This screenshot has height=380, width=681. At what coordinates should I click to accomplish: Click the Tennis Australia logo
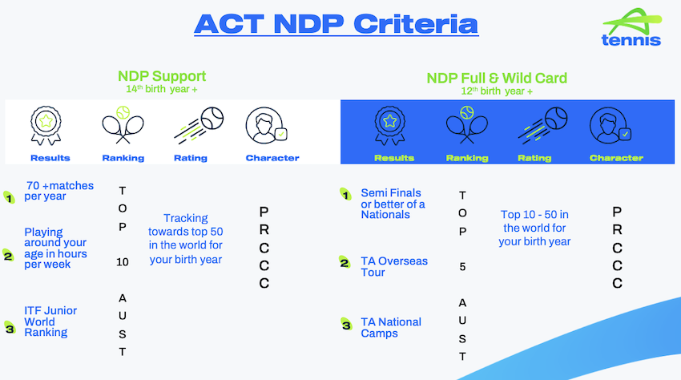click(x=631, y=27)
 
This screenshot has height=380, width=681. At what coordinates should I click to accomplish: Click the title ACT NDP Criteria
click(x=336, y=24)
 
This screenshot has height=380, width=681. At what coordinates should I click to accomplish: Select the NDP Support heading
click(x=162, y=76)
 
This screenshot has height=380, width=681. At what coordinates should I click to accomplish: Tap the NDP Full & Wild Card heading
click(x=497, y=79)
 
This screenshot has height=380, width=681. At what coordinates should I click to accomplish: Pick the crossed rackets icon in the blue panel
click(x=467, y=125)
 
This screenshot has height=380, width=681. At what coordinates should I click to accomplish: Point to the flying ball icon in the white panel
click(x=199, y=125)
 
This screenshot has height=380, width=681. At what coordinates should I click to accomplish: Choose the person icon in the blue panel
click(x=610, y=126)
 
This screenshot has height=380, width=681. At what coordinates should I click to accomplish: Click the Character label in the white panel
click(x=272, y=158)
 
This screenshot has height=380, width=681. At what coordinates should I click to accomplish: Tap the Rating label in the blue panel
click(x=534, y=158)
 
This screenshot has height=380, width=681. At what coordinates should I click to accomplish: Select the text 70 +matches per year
click(x=58, y=191)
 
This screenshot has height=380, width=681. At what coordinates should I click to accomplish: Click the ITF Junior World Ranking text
click(x=50, y=321)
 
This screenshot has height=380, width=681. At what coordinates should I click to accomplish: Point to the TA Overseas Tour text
click(x=394, y=266)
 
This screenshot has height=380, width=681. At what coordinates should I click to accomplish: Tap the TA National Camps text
click(x=391, y=327)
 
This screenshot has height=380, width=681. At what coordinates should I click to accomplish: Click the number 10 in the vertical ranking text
click(x=123, y=262)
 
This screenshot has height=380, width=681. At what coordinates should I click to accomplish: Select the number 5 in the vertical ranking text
click(x=462, y=266)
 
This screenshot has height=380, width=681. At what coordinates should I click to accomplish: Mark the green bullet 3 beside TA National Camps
click(x=346, y=325)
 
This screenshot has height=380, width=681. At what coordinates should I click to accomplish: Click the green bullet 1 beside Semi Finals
click(x=345, y=194)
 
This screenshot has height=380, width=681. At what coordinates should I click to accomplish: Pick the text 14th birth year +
click(x=162, y=89)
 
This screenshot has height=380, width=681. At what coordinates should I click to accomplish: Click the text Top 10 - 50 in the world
click(x=534, y=221)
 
